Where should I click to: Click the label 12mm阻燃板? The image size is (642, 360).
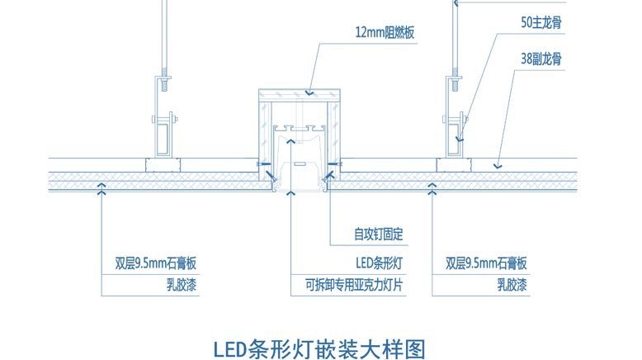384,33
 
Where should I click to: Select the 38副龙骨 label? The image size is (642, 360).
541,59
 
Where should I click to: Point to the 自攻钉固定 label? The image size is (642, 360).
379,234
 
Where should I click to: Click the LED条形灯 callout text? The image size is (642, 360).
379,264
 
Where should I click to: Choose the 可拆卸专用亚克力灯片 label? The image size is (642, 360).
354,287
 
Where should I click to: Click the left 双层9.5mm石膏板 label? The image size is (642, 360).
156,264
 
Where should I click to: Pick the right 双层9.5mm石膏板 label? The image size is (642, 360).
486,264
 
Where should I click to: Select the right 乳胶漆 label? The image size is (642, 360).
512,287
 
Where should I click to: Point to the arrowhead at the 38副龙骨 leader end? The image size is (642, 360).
497,167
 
